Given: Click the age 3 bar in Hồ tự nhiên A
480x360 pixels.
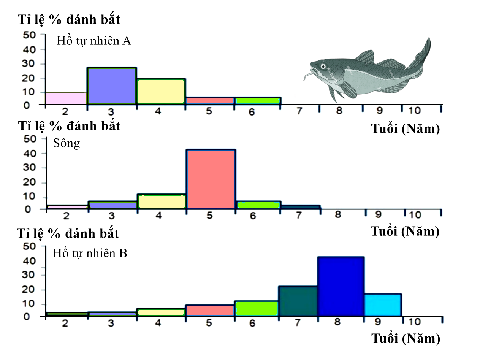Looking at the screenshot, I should (x=112, y=86).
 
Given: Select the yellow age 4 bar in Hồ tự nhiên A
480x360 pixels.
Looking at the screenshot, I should (x=161, y=91).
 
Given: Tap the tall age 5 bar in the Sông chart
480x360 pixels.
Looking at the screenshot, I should (x=211, y=179).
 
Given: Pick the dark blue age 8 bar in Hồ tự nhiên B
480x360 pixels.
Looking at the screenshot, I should (x=341, y=287).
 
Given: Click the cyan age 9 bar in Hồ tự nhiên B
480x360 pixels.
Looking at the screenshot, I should (x=383, y=305).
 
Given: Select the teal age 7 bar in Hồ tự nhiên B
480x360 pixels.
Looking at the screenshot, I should (x=298, y=301).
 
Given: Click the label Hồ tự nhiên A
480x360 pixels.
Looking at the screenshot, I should (x=94, y=41).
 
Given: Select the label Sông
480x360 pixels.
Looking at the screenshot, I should (x=67, y=144).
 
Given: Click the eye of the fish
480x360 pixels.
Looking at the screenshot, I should (x=323, y=67).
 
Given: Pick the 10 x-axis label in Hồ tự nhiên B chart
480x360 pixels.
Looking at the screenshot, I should (x=415, y=322).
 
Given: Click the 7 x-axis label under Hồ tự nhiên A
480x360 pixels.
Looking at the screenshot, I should (x=299, y=111).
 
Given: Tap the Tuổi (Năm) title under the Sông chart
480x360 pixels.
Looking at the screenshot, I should (x=405, y=231).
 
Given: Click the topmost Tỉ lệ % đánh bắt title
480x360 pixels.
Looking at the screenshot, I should (x=69, y=20).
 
